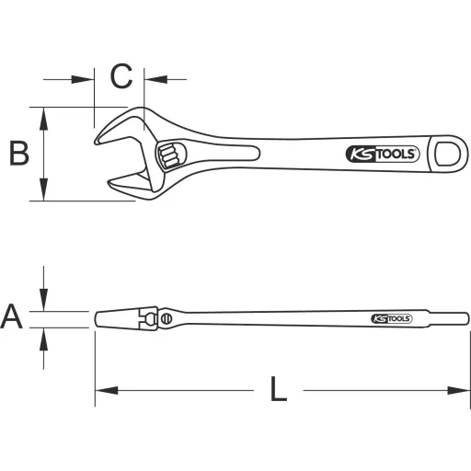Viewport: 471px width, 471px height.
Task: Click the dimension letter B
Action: coord(18,154)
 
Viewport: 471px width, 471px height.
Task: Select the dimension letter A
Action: coord(12,317)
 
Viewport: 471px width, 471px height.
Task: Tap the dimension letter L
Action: coord(279,390)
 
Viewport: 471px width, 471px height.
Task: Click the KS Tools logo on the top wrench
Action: coord(382,154)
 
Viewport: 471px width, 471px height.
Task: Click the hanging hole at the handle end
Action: coord(448,154)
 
